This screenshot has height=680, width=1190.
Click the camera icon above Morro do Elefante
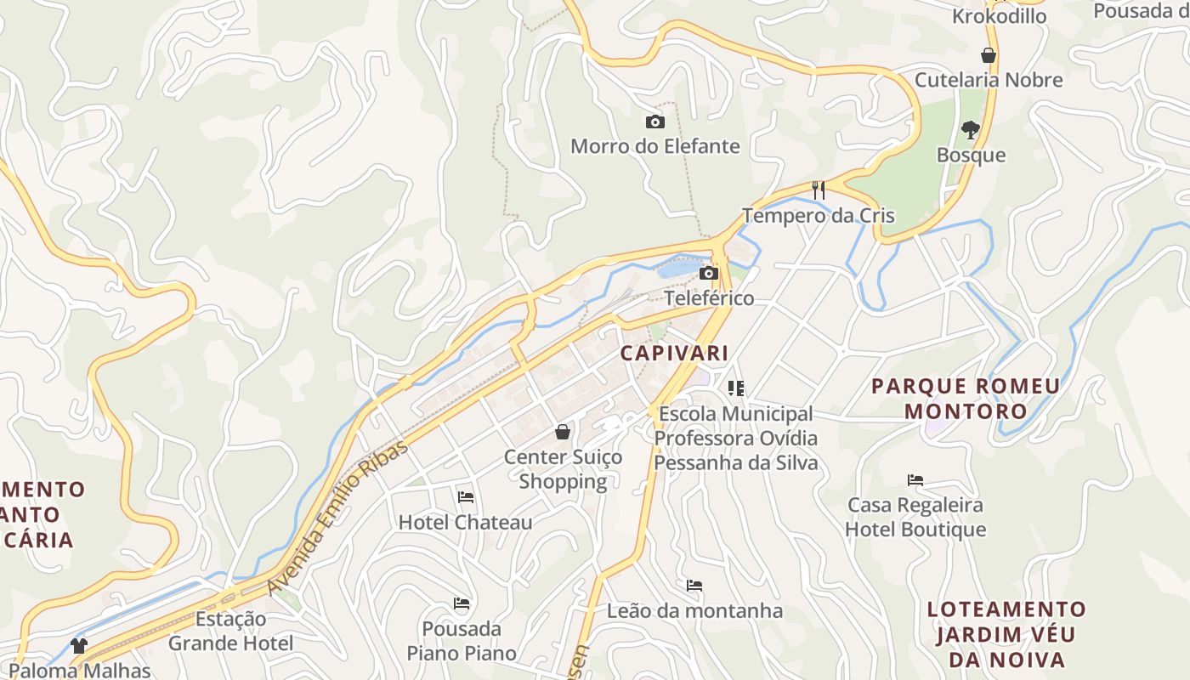point(654,122)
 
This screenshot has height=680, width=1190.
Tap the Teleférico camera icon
point(708,274)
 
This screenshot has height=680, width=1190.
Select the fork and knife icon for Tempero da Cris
point(818,190)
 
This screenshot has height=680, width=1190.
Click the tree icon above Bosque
point(970,130)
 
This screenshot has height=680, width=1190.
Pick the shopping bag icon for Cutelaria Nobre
point(989,55)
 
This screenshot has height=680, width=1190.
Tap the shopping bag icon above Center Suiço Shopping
point(562,432)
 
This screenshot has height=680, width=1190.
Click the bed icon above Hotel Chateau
point(465,496)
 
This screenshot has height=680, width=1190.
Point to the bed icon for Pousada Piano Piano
point(462,603)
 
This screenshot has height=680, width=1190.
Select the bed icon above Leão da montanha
point(694,586)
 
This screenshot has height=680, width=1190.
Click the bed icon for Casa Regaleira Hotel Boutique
point(915,480)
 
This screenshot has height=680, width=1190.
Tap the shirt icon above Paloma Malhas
point(79,646)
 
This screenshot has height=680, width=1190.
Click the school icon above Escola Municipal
point(736,388)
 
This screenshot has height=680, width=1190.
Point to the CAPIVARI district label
point(674,353)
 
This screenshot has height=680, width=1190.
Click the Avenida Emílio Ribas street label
point(337,518)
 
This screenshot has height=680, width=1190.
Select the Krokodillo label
point(999,16)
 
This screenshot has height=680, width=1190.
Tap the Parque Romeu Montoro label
point(966,399)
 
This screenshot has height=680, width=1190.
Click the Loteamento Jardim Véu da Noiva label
point(1006,634)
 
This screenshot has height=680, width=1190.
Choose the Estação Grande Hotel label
point(230,631)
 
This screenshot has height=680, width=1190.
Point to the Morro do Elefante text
point(654,146)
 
